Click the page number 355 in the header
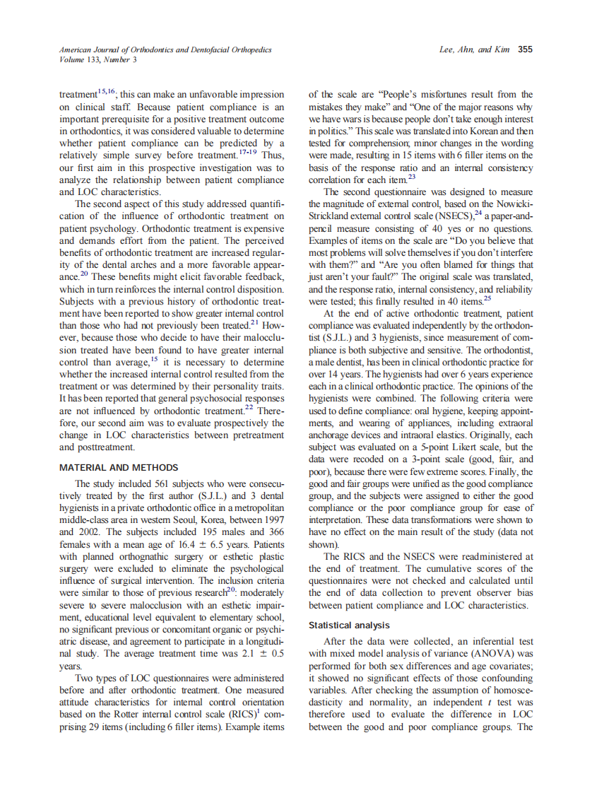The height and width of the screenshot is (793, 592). click(x=525, y=49)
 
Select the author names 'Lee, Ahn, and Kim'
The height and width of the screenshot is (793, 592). click(x=475, y=49)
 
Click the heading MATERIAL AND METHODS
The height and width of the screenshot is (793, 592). click(x=119, y=468)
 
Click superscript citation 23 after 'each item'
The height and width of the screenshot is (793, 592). click(x=412, y=177)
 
